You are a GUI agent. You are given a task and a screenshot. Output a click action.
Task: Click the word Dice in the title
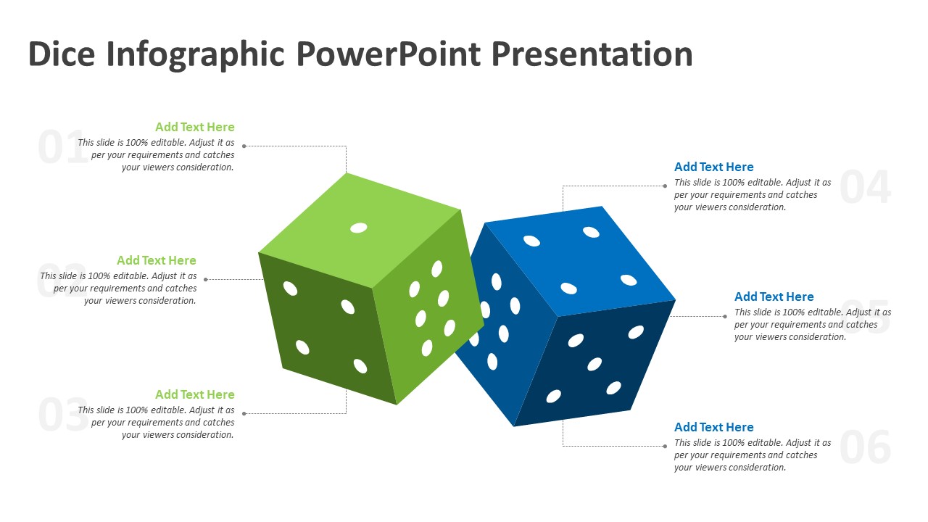62,54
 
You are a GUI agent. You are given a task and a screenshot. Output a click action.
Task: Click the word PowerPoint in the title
388,54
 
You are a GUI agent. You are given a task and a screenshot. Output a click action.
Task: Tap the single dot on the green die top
358,228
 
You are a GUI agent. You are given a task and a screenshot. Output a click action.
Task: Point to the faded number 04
865,187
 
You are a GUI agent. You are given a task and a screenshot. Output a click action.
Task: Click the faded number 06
865,447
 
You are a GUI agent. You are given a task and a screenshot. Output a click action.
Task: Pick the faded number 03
62,415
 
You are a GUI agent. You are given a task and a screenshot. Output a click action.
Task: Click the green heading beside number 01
194,127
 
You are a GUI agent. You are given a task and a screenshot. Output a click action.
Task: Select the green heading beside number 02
156,260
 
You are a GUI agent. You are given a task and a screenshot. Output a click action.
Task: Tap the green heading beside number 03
194,394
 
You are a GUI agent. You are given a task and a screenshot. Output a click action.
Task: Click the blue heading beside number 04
713,167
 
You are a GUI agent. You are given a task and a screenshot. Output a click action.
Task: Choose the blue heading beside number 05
774,297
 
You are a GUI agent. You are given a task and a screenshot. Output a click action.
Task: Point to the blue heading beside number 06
713,427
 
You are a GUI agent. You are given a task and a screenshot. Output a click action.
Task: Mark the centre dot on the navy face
594,364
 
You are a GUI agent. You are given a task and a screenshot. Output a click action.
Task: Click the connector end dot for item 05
725,316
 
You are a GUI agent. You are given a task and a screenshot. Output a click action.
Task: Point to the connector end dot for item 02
206,279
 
